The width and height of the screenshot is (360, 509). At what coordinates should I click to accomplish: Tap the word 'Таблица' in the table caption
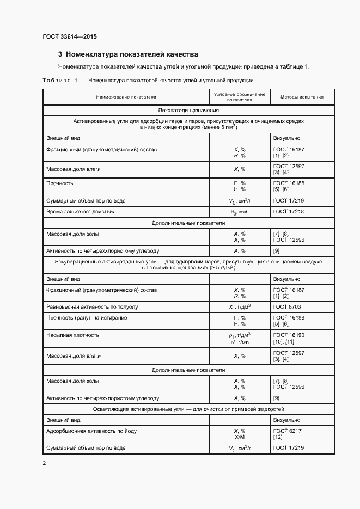tap(57, 81)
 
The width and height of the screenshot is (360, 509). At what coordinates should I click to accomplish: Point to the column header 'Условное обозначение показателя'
tap(240, 97)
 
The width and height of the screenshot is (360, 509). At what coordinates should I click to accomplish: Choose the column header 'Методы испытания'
tap(302, 97)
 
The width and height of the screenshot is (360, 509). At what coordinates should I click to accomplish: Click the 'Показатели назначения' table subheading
tap(188, 111)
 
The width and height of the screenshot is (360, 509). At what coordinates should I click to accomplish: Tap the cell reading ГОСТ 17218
tap(289, 211)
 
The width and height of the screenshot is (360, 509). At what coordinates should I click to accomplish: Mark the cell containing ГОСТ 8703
tap(287, 307)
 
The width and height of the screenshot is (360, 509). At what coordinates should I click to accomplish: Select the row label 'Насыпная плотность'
tap(73, 335)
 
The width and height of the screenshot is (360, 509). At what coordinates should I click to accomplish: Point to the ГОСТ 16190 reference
tap(289, 335)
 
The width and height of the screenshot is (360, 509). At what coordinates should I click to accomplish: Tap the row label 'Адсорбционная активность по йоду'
tap(91, 431)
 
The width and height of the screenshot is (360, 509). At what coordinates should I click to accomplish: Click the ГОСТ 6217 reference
tap(287, 431)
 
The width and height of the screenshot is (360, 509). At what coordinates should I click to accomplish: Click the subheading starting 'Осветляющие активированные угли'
tap(188, 409)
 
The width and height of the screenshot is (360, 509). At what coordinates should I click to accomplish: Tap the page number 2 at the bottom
tap(44, 463)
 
